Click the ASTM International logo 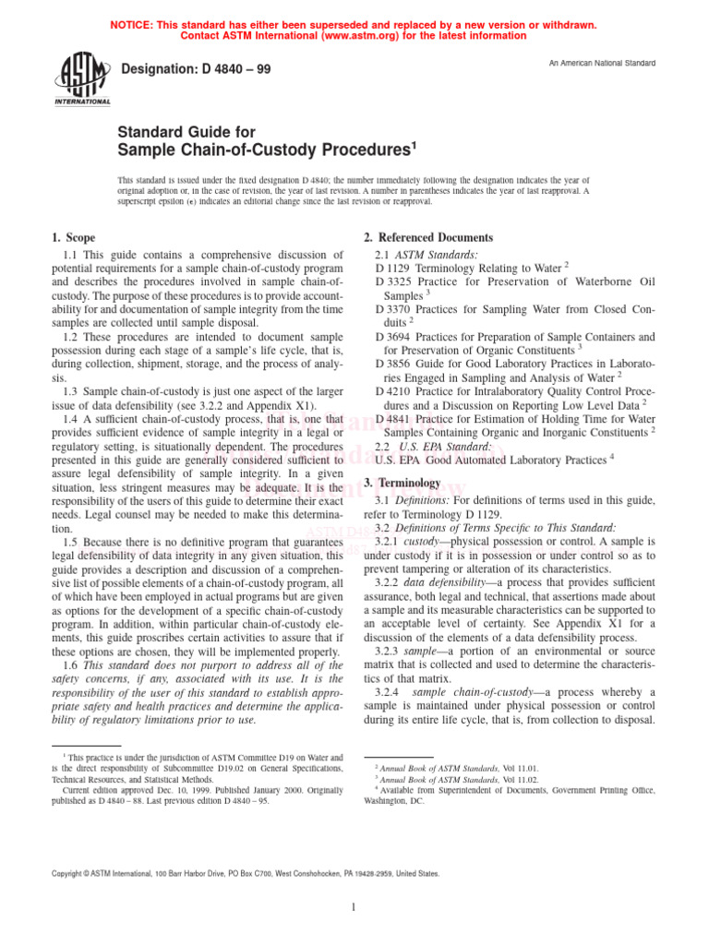point(84,78)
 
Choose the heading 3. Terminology point(403,483)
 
